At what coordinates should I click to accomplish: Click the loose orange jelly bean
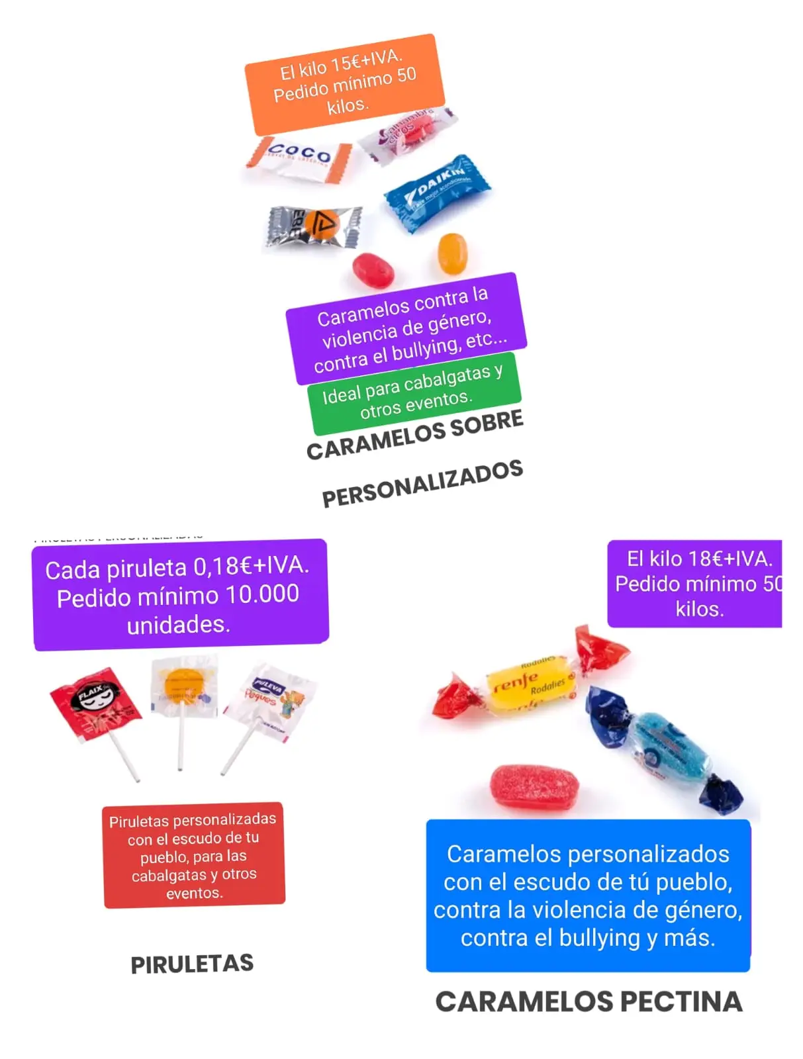click(x=453, y=253)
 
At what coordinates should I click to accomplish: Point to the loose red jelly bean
click(x=373, y=269)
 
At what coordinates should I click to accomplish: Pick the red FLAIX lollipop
click(x=96, y=702)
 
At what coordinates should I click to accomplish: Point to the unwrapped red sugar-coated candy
click(x=534, y=787)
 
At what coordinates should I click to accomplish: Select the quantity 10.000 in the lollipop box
click(x=262, y=594)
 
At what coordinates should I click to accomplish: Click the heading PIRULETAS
click(x=192, y=964)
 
